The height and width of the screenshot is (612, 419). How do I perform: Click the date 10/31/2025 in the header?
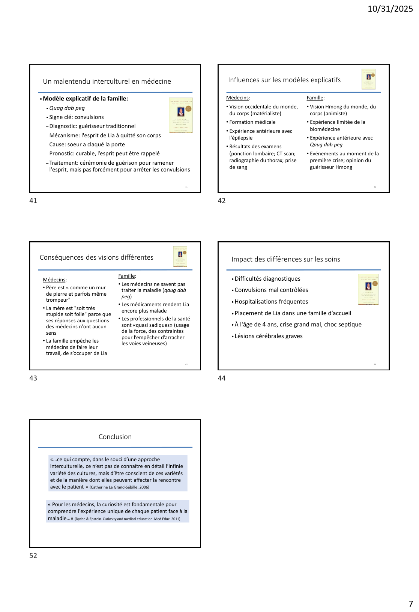(x=390, y=9)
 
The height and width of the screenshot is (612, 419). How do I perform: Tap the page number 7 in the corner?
(x=410, y=604)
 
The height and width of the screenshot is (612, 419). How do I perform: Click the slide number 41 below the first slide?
(x=33, y=201)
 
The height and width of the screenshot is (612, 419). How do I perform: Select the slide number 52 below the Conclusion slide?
(x=33, y=556)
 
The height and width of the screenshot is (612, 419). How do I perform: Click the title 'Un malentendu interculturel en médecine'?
(x=107, y=81)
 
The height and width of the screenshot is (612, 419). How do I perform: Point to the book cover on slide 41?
(x=180, y=116)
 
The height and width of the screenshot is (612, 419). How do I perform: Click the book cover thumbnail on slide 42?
(x=368, y=79)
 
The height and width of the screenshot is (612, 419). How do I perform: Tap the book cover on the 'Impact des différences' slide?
(x=368, y=289)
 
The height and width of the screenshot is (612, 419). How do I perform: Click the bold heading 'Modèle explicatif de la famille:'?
(x=85, y=99)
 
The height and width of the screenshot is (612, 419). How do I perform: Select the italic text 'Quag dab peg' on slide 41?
(x=67, y=108)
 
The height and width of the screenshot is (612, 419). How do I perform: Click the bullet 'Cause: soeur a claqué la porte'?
(x=87, y=144)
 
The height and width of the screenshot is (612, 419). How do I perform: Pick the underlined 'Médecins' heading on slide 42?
(x=238, y=98)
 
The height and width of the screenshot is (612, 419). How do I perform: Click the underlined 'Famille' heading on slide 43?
(x=127, y=276)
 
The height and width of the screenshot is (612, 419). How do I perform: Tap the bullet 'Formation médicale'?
(x=252, y=122)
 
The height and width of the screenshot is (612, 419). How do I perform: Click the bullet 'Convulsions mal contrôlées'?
(x=271, y=290)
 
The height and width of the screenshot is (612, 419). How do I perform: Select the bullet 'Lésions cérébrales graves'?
(x=268, y=336)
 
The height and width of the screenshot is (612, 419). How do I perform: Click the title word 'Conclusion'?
(x=115, y=437)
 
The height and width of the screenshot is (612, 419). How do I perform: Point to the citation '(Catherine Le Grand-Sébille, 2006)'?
(x=119, y=487)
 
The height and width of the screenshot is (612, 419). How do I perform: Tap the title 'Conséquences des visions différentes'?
(x=96, y=257)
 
